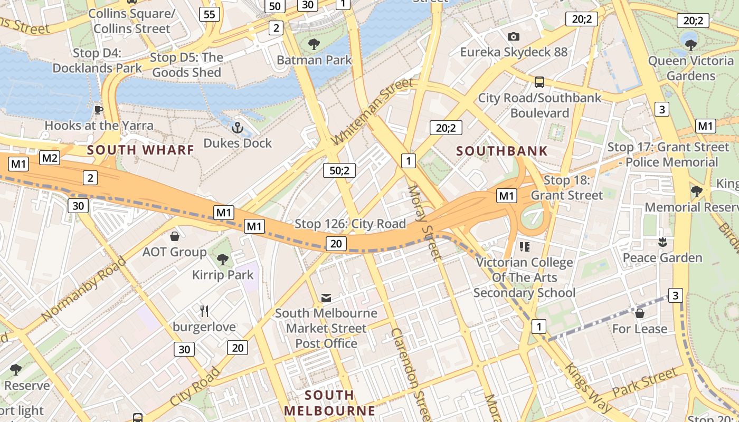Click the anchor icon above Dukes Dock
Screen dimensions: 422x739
click(x=238, y=127)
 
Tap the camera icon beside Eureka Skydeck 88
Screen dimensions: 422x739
click(x=513, y=36)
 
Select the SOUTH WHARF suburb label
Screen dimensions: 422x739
click(x=141, y=150)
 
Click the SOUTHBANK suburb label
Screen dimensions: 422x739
click(x=502, y=151)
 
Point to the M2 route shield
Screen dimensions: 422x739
click(x=50, y=158)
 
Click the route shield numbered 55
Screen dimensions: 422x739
click(x=210, y=14)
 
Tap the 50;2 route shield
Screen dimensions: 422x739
click(x=339, y=170)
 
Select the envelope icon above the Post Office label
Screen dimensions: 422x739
click(x=326, y=298)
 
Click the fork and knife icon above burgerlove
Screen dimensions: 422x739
click(x=204, y=311)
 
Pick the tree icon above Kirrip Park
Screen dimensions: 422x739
click(x=223, y=259)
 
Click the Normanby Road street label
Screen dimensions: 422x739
click(x=84, y=289)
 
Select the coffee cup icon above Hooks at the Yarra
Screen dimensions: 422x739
click(x=98, y=110)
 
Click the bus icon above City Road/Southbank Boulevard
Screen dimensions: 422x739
click(x=539, y=82)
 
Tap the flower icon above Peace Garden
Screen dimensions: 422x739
click(x=662, y=242)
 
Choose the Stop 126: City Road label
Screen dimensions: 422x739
click(x=350, y=224)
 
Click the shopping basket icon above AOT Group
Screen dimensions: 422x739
click(x=175, y=236)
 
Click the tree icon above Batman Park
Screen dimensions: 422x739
click(x=314, y=44)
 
